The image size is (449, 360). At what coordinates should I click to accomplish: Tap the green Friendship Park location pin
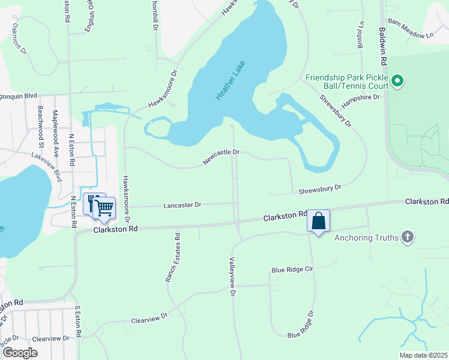(397, 80)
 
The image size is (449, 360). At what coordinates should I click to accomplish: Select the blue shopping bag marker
(318, 221)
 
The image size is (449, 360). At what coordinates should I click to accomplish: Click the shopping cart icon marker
(104, 208)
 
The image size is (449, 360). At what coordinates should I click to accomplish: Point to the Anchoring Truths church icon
(408, 237)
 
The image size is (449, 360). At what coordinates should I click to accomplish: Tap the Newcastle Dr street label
(221, 157)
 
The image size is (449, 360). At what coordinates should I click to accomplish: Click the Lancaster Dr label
(182, 205)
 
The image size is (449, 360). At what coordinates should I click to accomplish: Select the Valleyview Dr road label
(231, 276)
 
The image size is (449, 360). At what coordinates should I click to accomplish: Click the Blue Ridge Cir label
(292, 270)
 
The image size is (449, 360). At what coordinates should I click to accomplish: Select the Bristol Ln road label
(361, 37)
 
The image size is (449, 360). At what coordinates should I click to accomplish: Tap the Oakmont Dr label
(19, 39)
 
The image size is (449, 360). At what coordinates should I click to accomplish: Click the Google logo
(19, 353)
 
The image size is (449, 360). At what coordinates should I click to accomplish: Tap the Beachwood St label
(41, 126)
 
